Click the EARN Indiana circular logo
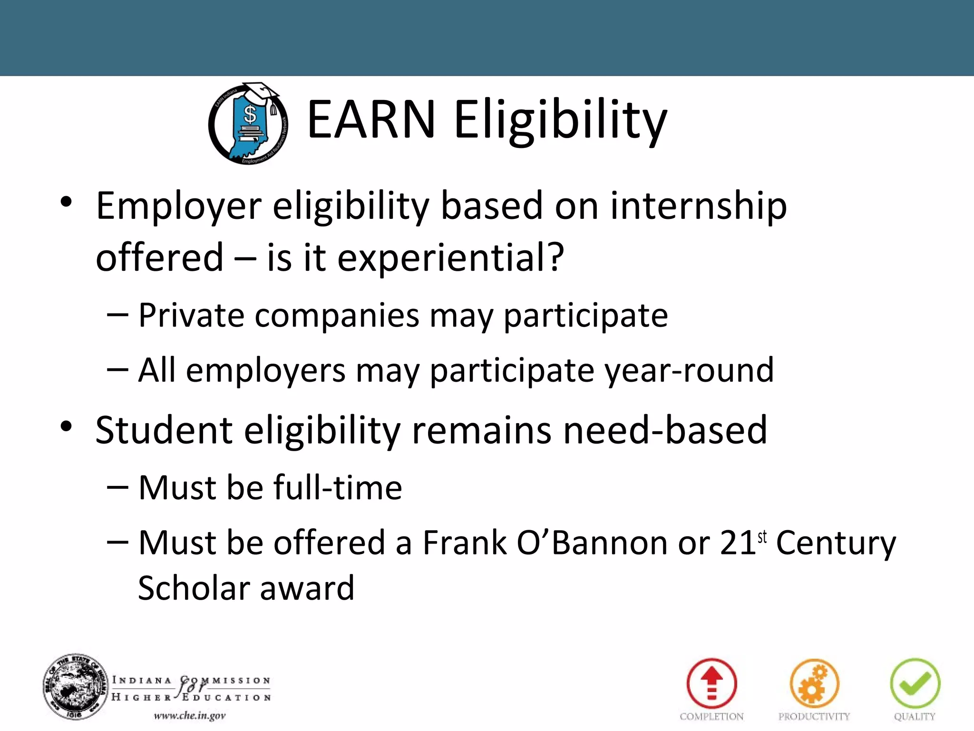248,124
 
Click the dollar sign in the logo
250,115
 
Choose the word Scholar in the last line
193,588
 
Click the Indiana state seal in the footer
76,686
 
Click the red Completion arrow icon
711,683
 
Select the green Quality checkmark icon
915,683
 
